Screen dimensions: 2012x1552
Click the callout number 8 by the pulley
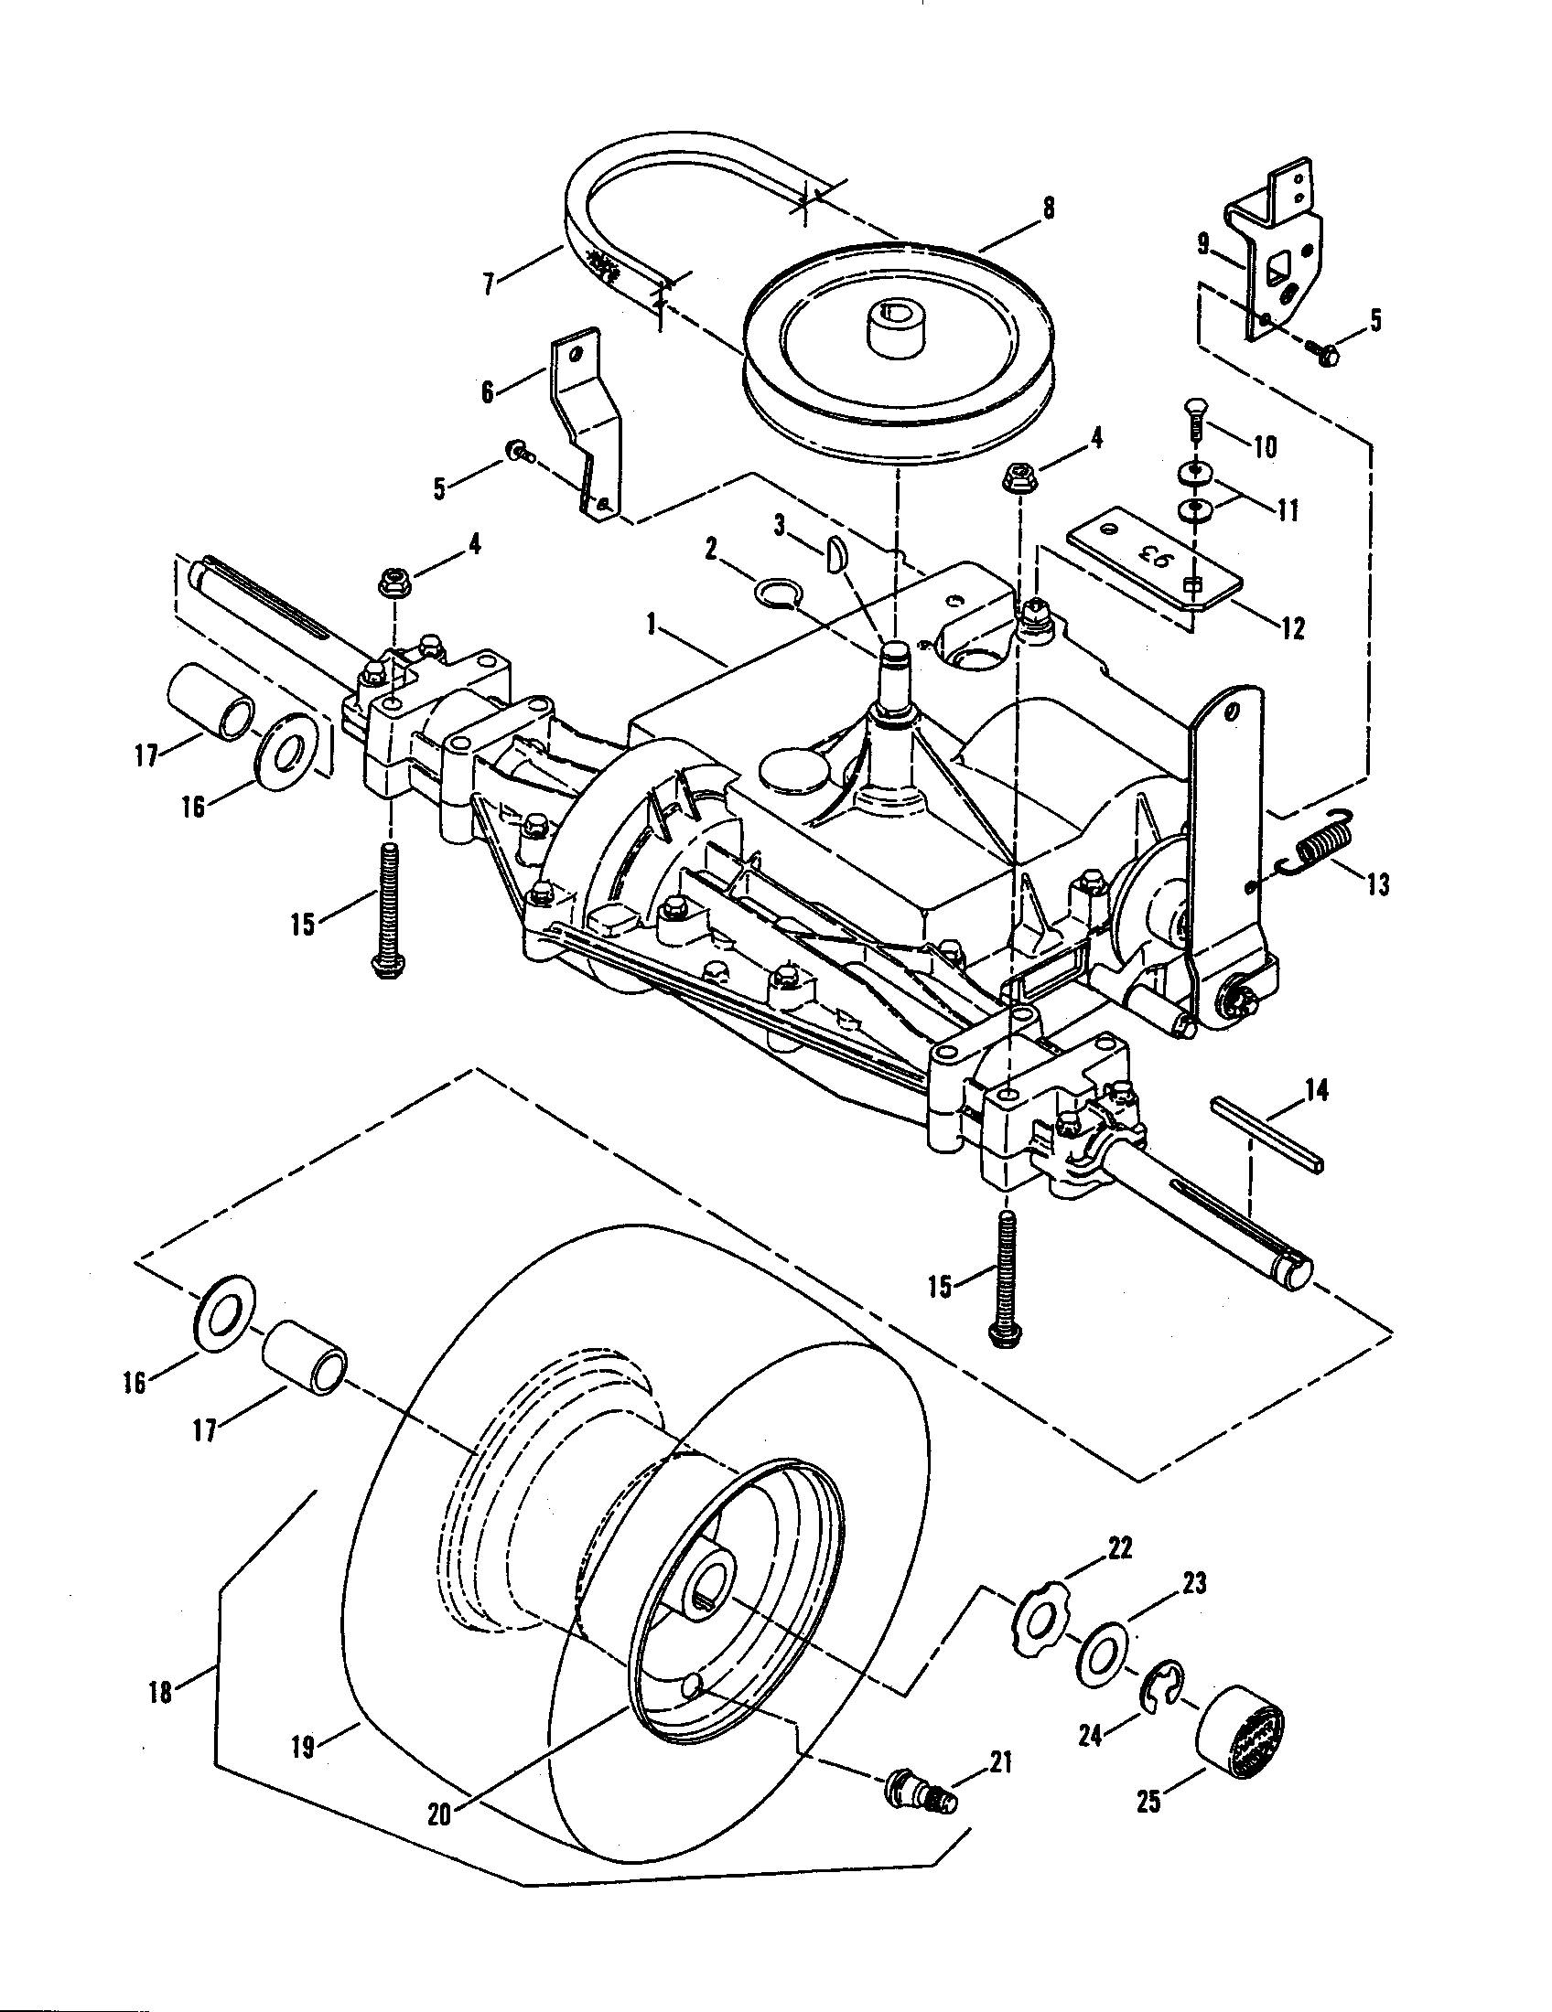click(1048, 209)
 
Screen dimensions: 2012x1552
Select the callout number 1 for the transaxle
click(652, 626)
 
